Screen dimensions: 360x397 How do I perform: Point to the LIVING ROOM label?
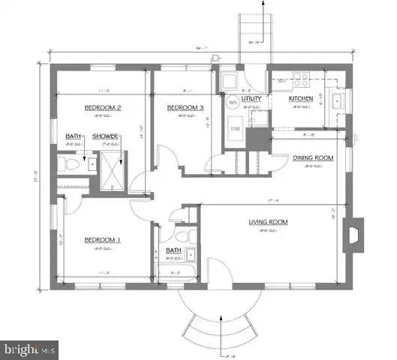click(269, 222)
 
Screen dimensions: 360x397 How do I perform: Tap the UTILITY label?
click(249, 98)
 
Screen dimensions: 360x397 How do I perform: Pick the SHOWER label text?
click(104, 136)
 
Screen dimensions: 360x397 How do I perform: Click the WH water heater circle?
click(232, 102)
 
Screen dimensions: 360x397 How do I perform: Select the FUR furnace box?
click(235, 128)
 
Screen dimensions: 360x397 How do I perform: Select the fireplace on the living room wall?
click(353, 234)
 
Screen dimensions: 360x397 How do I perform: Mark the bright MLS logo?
click(31, 348)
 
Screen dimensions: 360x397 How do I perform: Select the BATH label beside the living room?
click(173, 250)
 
